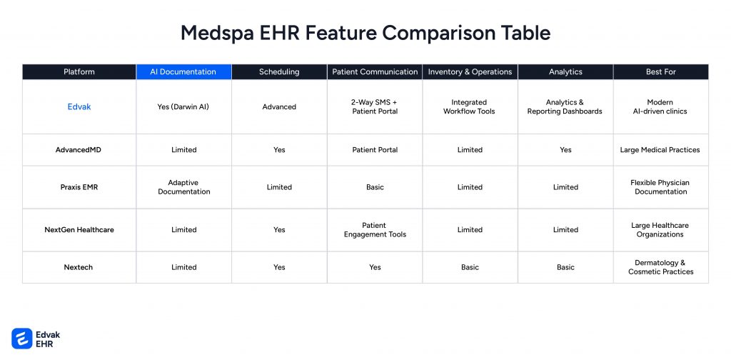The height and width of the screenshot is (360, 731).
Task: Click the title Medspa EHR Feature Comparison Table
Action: tap(365, 33)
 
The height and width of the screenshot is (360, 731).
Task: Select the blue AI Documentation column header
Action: tap(183, 72)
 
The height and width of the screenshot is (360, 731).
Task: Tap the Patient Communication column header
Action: tap(375, 72)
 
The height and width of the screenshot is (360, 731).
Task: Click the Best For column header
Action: tap(660, 72)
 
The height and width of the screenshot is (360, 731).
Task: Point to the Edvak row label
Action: tap(79, 107)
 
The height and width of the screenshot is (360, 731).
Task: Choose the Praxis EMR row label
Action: tap(79, 187)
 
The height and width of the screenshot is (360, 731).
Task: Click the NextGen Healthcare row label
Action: tap(79, 230)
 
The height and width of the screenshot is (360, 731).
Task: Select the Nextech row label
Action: tap(79, 267)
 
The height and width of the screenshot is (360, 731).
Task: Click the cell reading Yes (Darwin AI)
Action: tap(183, 107)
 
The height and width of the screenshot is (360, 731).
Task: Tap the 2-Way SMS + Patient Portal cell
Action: tap(375, 107)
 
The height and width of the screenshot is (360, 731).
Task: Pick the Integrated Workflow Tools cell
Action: tap(470, 107)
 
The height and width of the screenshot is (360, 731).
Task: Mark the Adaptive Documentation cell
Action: tap(183, 187)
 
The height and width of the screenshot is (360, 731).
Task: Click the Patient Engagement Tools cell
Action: tap(375, 230)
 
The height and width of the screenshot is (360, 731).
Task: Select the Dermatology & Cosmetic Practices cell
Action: tap(660, 267)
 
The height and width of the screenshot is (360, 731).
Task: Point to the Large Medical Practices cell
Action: tap(660, 150)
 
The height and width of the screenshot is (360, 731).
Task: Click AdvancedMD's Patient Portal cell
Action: tap(375, 150)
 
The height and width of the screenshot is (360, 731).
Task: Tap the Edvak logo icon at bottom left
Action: tap(22, 338)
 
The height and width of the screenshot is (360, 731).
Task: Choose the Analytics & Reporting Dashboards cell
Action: tap(565, 107)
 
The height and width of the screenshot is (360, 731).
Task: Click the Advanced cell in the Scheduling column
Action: tap(279, 107)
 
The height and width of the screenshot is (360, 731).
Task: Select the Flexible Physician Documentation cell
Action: tap(660, 187)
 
